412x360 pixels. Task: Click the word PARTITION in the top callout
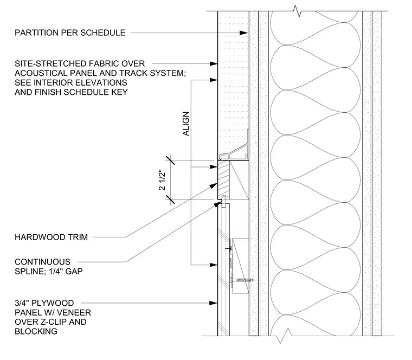(37, 33)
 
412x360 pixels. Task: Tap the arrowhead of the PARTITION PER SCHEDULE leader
(243, 33)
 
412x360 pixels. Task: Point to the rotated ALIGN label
(186, 124)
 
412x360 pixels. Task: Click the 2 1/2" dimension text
(163, 181)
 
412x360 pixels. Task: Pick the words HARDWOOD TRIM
(51, 237)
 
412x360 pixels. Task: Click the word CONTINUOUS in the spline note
(43, 262)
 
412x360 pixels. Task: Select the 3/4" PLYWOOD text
(44, 303)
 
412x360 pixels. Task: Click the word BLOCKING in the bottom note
(36, 332)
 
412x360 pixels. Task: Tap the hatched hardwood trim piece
(223, 180)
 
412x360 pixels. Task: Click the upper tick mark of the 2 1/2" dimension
(170, 160)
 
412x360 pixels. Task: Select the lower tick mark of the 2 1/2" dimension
(170, 200)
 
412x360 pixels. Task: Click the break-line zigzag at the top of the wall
(297, 11)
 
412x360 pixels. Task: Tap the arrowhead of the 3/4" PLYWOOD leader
(214, 303)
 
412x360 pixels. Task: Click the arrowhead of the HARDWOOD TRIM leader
(214, 185)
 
